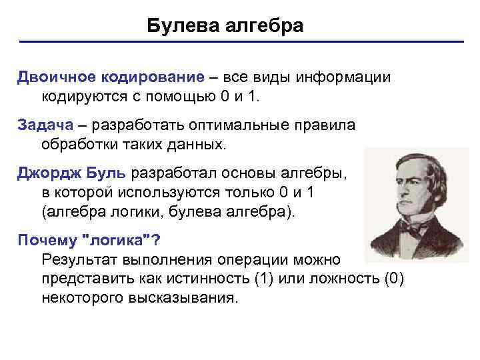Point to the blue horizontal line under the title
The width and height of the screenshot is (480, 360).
coord(240,43)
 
